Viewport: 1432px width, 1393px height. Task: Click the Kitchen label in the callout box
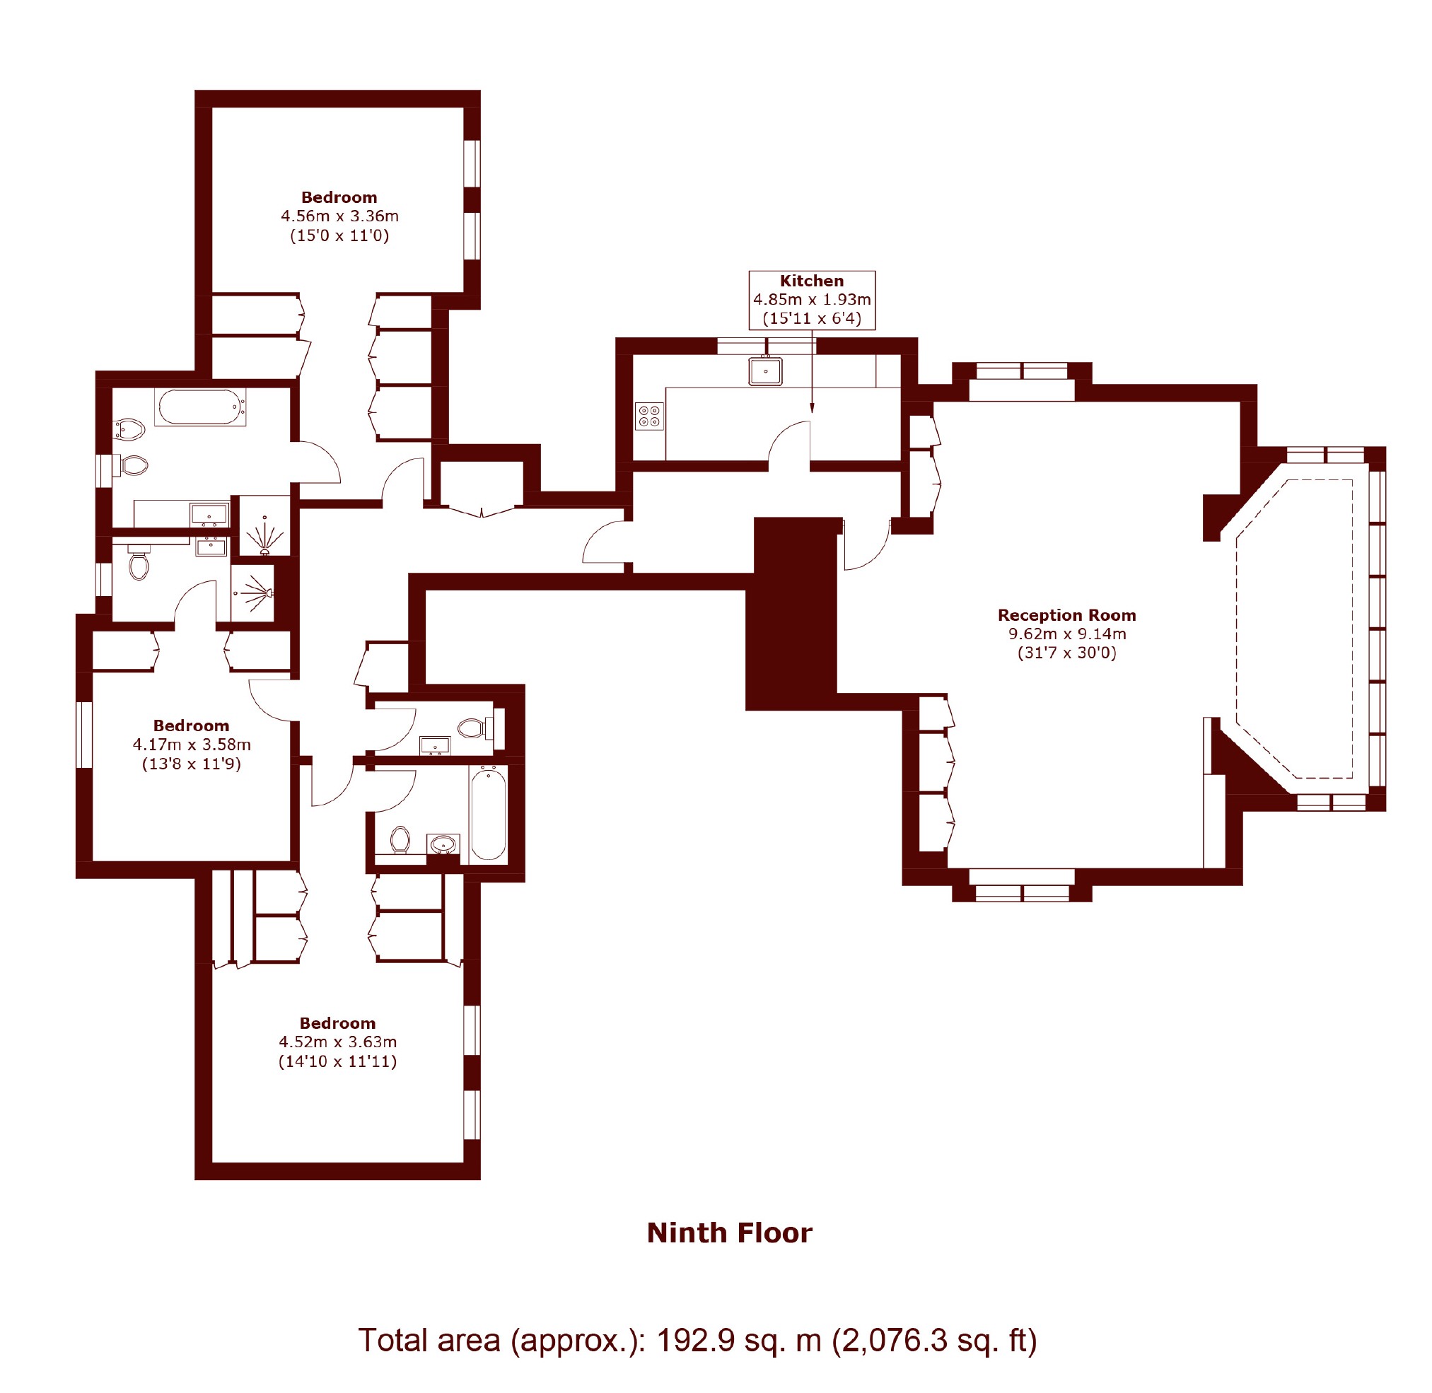(x=812, y=281)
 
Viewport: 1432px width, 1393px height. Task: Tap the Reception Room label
(x=1067, y=615)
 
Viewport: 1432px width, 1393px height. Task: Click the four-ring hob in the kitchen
(x=649, y=416)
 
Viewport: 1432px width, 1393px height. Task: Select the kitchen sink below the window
(x=765, y=371)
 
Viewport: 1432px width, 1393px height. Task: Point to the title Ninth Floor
(x=730, y=1232)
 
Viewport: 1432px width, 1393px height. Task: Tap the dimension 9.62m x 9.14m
(x=1067, y=634)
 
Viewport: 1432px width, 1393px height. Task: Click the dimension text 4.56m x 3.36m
(x=339, y=216)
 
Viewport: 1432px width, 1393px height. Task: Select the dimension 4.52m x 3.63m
(x=338, y=1042)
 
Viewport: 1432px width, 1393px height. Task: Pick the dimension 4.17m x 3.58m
(x=192, y=745)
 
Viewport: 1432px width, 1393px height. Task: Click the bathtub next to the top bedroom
(x=199, y=407)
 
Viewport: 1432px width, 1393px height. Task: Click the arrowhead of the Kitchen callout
(x=812, y=408)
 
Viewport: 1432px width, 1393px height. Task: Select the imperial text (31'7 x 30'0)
(x=1067, y=653)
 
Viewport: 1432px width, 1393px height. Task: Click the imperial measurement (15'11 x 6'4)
(x=812, y=318)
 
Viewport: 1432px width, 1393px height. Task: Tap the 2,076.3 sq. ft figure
(x=935, y=1341)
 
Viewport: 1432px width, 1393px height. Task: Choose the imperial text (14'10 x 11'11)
(x=338, y=1061)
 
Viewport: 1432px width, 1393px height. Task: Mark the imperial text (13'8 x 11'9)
(x=192, y=764)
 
